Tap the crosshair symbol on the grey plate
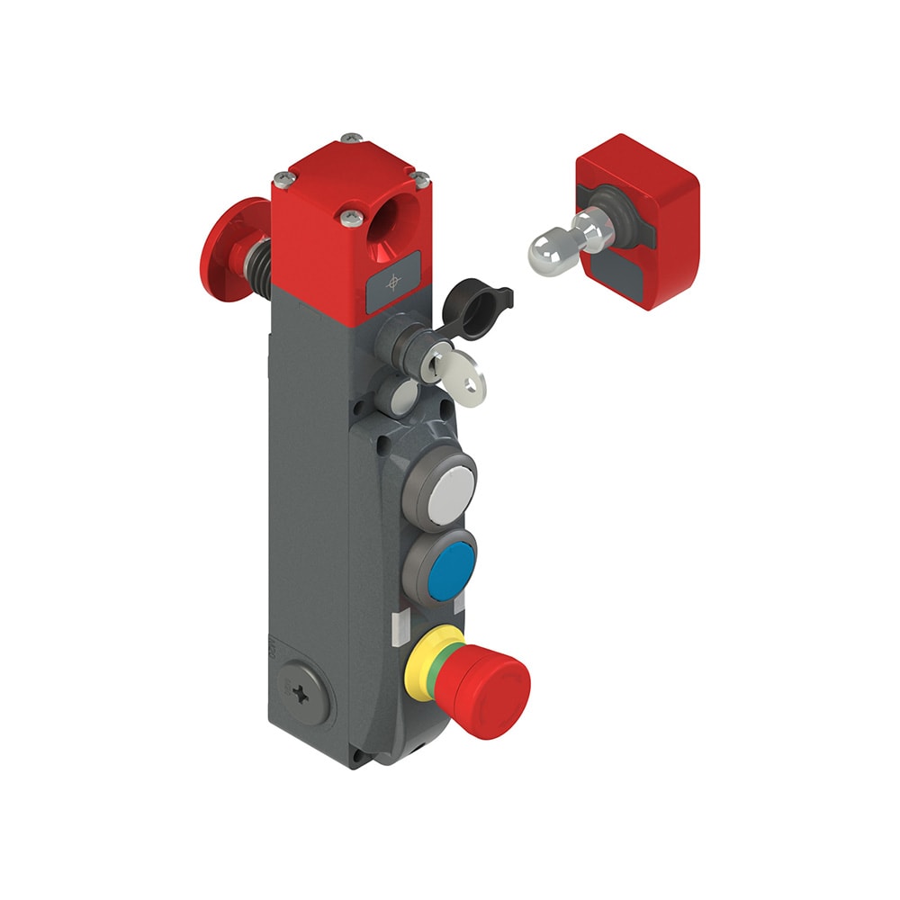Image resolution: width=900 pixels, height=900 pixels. tap(392, 283)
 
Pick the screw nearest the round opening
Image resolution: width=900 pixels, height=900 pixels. tap(347, 215)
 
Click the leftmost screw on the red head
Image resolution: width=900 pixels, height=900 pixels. tap(283, 176)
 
